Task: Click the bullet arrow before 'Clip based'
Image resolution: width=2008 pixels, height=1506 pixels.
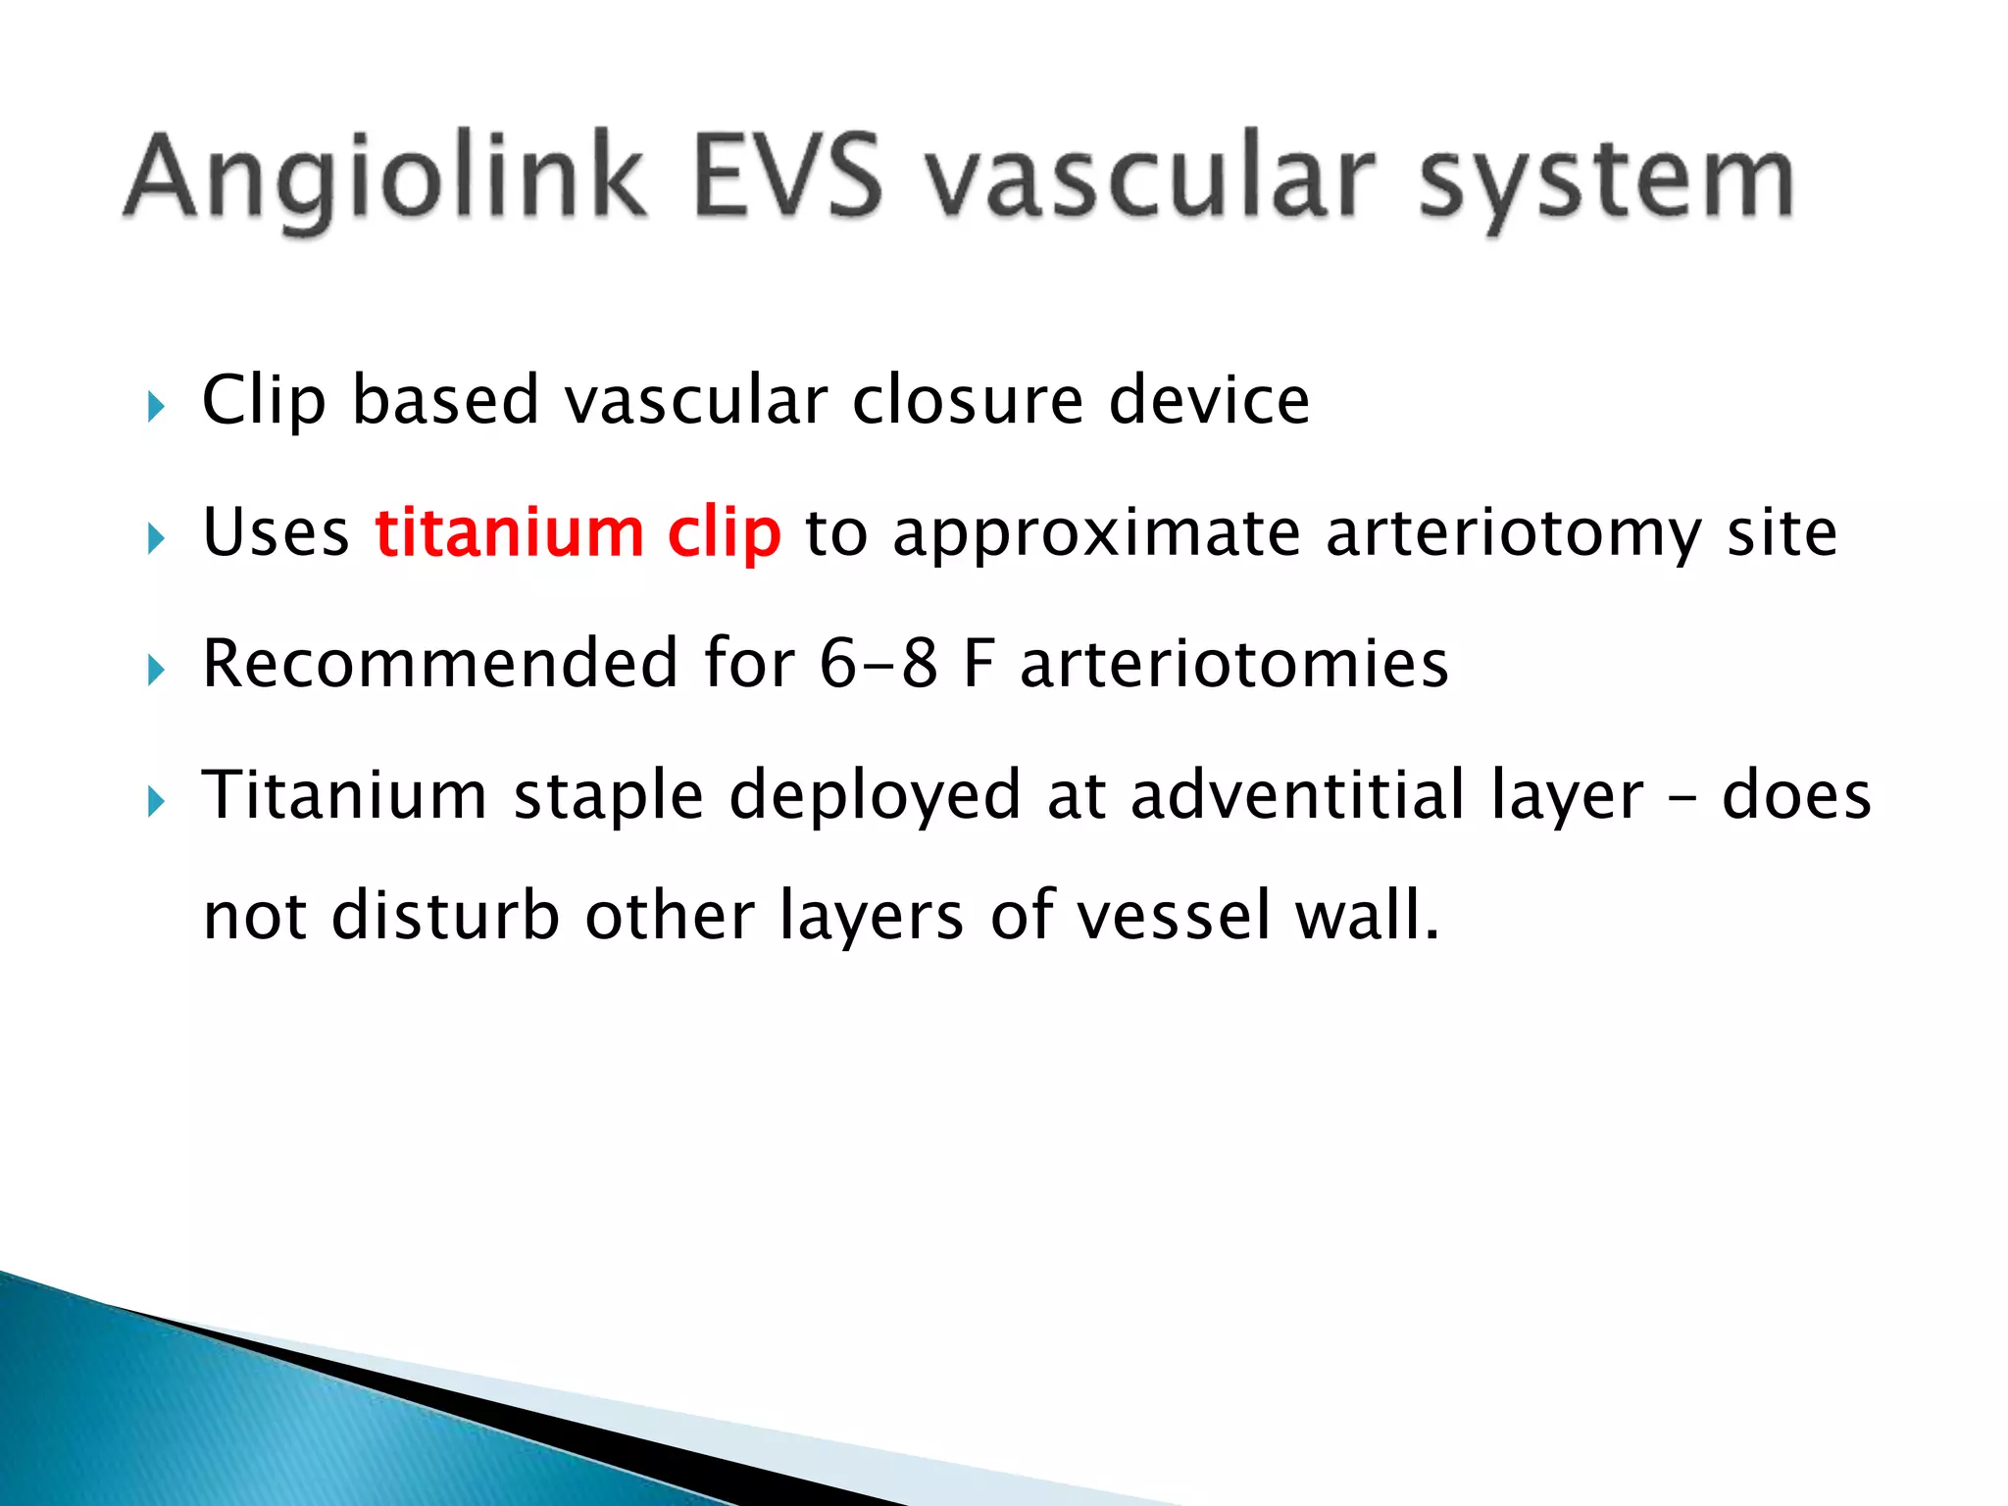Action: [156, 405]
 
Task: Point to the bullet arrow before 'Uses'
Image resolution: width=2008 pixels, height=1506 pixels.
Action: [156, 537]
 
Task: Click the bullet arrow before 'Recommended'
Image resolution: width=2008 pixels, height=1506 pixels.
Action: [156, 670]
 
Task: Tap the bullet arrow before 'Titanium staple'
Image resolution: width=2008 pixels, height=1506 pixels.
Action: [156, 802]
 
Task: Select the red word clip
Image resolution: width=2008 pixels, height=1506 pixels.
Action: [724, 534]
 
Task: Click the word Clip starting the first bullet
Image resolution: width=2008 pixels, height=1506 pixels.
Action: [263, 401]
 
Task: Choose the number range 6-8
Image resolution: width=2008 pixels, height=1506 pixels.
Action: [878, 664]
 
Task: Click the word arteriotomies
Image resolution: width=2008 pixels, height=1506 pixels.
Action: [1233, 664]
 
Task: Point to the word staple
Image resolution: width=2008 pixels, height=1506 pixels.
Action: [608, 796]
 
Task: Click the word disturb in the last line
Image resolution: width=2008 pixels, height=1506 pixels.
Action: [445, 915]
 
